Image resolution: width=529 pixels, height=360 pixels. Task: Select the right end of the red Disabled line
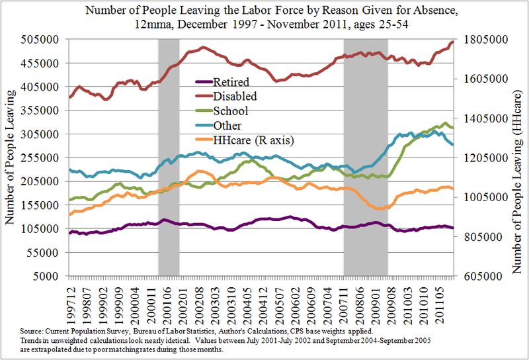(x=452, y=42)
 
